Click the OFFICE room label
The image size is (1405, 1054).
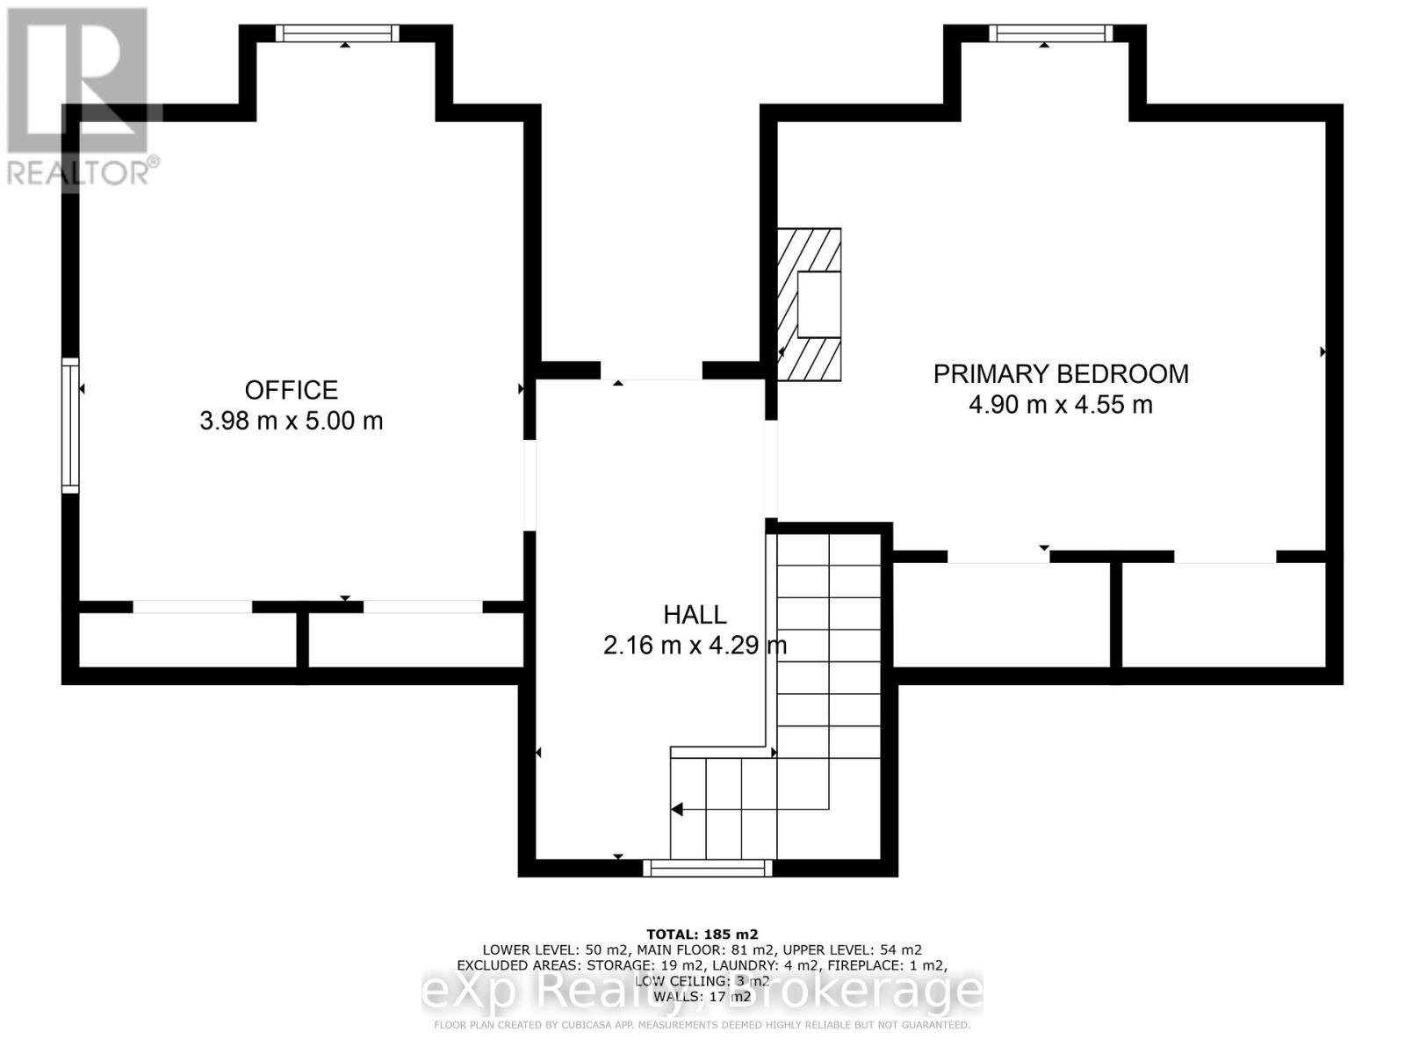point(291,390)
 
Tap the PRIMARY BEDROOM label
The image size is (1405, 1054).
point(1061,374)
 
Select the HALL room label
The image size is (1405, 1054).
point(695,615)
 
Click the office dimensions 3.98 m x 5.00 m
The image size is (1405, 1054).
point(291,421)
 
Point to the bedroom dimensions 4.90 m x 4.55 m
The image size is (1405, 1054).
point(1061,405)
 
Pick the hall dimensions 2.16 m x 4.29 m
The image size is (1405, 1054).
point(695,646)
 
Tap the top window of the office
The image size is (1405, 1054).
point(337,33)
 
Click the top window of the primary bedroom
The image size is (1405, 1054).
point(1051,33)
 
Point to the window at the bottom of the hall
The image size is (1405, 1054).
point(708,869)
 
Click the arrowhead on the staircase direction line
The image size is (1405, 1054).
point(677,809)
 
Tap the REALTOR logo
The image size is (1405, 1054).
point(81,97)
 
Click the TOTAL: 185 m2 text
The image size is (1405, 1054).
point(702,935)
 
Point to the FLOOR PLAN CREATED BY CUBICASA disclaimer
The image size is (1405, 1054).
point(702,1025)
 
